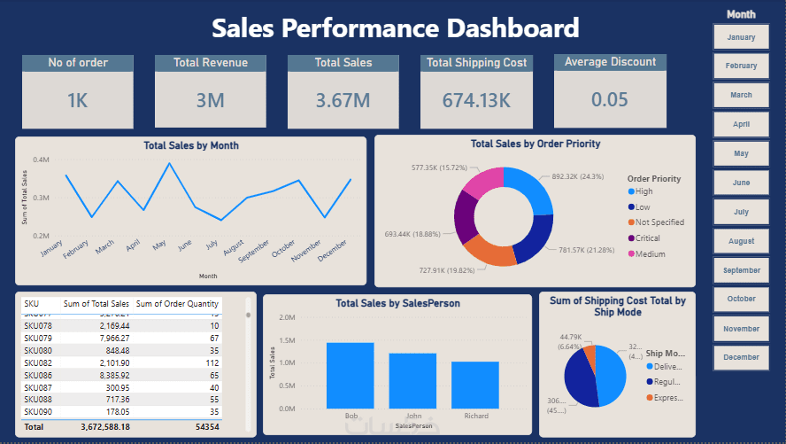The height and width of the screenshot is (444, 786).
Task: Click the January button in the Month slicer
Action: click(x=741, y=37)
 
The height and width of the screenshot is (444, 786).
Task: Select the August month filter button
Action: click(x=741, y=241)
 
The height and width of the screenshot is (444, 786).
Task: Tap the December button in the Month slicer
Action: click(x=741, y=357)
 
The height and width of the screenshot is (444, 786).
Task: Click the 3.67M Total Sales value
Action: click(x=343, y=100)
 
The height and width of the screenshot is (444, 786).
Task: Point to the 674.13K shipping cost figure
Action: click(x=476, y=100)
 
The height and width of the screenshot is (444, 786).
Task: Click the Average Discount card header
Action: click(x=610, y=62)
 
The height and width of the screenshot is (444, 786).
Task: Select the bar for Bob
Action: click(x=350, y=376)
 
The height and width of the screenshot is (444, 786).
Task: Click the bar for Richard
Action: click(x=474, y=385)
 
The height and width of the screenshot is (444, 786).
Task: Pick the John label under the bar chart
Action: click(x=412, y=416)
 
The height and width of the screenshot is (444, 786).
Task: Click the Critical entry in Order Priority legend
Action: click(x=648, y=238)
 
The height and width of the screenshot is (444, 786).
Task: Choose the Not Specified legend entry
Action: click(x=659, y=222)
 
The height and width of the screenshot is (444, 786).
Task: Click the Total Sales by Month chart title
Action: click(x=190, y=145)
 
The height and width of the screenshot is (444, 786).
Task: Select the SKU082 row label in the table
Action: click(x=37, y=362)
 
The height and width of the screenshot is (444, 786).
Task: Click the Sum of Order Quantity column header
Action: click(x=177, y=304)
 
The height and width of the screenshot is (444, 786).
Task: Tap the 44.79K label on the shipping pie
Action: click(x=571, y=337)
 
